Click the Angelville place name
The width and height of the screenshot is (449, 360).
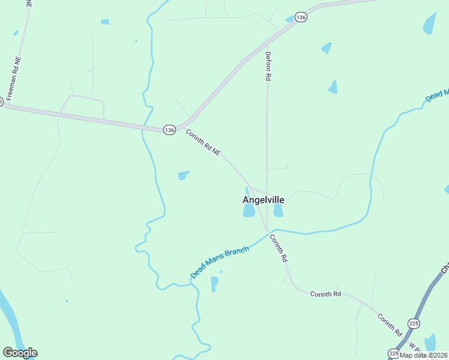pos(263,200)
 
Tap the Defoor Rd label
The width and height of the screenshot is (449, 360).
pos(268,66)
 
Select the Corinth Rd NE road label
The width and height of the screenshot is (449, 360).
pos(203,143)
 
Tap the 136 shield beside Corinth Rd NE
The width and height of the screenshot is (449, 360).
pos(169,130)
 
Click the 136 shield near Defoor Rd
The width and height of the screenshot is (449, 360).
pos(301,17)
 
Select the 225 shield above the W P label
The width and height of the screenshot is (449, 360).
pos(414,323)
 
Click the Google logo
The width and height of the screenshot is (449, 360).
pos(20,353)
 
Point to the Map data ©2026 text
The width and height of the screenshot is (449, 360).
pos(424,355)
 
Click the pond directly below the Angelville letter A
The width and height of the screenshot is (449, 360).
pos(249,211)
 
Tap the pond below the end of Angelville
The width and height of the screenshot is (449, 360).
pos(278,210)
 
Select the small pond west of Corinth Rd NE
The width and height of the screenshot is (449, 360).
pos(183,175)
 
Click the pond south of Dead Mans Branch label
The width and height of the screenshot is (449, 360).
pos(215,283)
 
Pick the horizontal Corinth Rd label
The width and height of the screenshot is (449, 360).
pos(325,294)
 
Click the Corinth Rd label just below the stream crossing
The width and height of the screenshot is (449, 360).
pos(279,248)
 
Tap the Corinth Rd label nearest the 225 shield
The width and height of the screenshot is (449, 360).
pos(389,323)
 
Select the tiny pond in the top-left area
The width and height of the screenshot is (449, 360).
pos(105,22)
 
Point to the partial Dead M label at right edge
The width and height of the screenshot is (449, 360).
pos(437,96)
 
